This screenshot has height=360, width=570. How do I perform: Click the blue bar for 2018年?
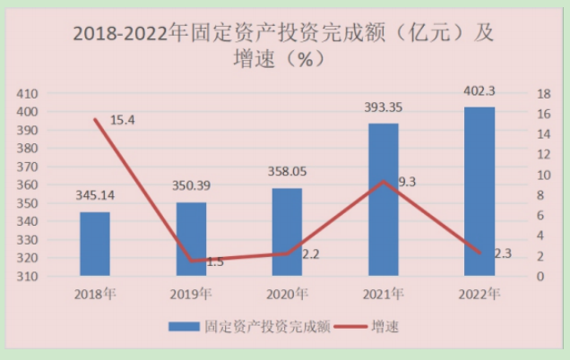[95, 244]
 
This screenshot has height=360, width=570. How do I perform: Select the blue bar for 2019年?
[191, 239]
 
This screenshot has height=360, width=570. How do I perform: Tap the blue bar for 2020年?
[287, 232]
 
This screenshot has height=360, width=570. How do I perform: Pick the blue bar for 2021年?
[384, 200]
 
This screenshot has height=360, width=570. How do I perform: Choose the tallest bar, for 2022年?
[479, 192]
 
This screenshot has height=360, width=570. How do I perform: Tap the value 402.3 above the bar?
[479, 92]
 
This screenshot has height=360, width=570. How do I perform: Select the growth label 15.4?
[122, 120]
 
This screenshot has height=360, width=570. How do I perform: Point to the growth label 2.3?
[502, 253]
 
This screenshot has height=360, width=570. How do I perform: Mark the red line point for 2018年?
[95, 119]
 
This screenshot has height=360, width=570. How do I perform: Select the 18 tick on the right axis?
[518, 93]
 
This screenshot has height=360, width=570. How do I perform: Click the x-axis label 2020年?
[287, 293]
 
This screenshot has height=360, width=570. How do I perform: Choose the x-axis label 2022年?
[479, 293]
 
